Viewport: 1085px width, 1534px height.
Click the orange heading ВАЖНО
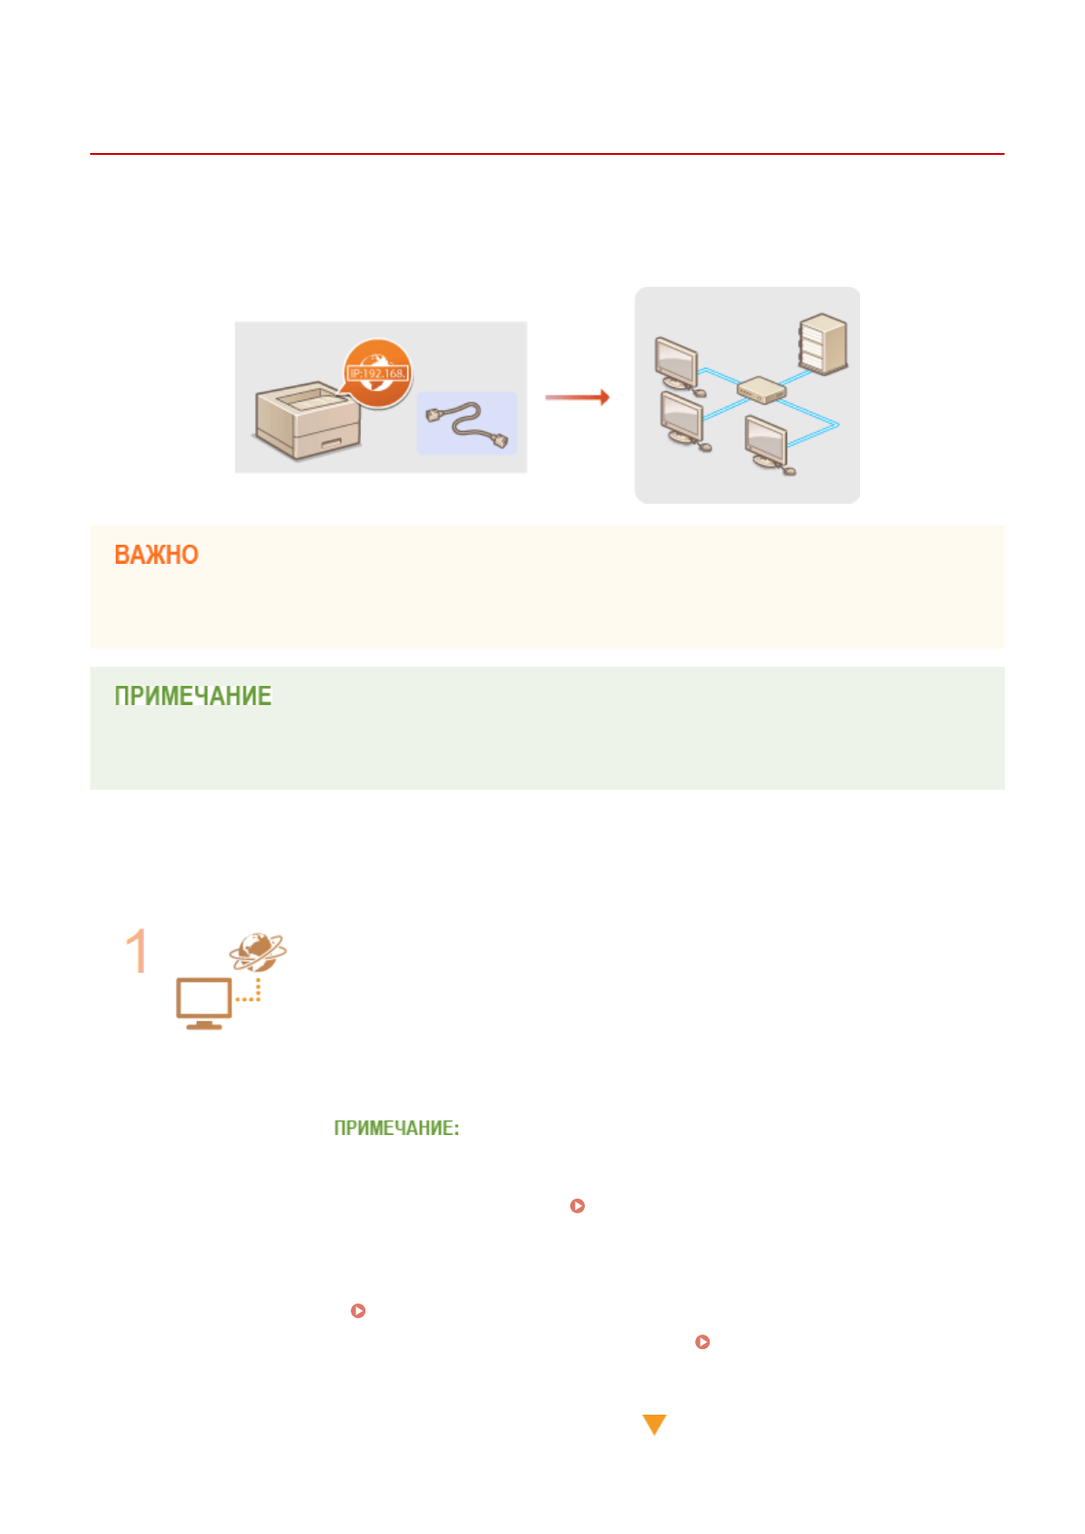click(156, 555)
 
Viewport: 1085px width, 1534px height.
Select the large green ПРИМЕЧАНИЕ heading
click(192, 696)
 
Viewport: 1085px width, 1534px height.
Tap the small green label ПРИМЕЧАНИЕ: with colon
click(396, 1128)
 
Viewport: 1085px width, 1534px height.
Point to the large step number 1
click(137, 951)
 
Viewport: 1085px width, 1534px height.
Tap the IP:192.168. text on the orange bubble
click(378, 373)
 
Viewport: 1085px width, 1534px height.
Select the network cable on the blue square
click(466, 424)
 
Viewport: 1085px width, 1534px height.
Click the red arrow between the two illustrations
click(577, 397)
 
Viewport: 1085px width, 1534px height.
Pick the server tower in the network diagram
click(823, 344)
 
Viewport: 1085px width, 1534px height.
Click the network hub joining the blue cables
click(761, 392)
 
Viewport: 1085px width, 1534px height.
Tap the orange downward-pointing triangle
click(654, 1424)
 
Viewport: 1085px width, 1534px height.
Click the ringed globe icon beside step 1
click(258, 951)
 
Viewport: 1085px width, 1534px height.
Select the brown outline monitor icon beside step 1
click(204, 1000)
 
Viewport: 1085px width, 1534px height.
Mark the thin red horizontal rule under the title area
click(547, 154)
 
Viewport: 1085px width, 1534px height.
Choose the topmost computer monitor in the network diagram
click(676, 363)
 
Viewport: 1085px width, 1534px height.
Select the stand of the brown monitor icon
click(204, 1025)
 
